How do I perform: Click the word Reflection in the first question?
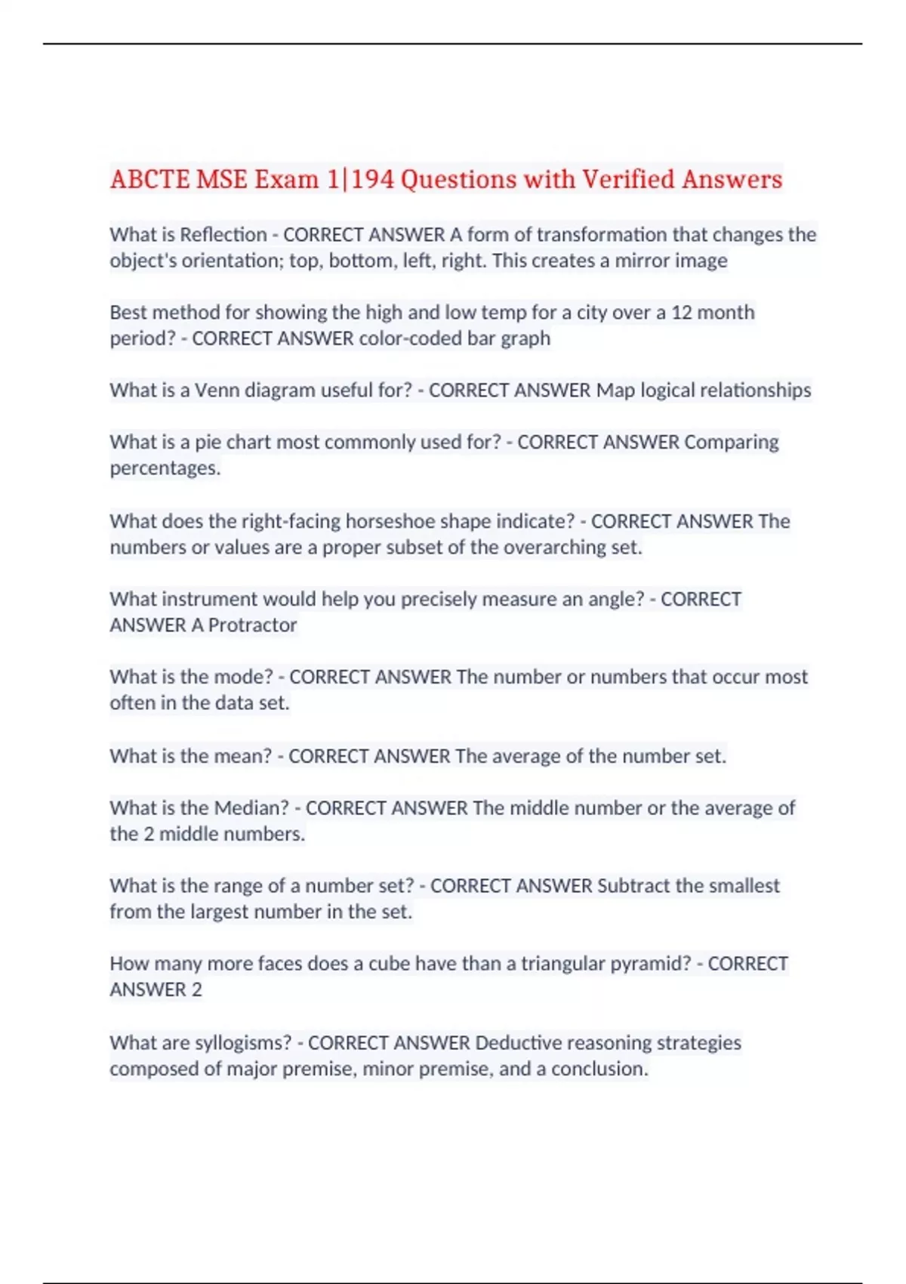pyautogui.click(x=223, y=235)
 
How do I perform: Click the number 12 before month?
pyautogui.click(x=682, y=313)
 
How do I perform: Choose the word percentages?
pyautogui.click(x=165, y=468)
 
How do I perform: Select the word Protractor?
pyautogui.click(x=252, y=625)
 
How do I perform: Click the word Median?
pyautogui.click(x=251, y=808)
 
